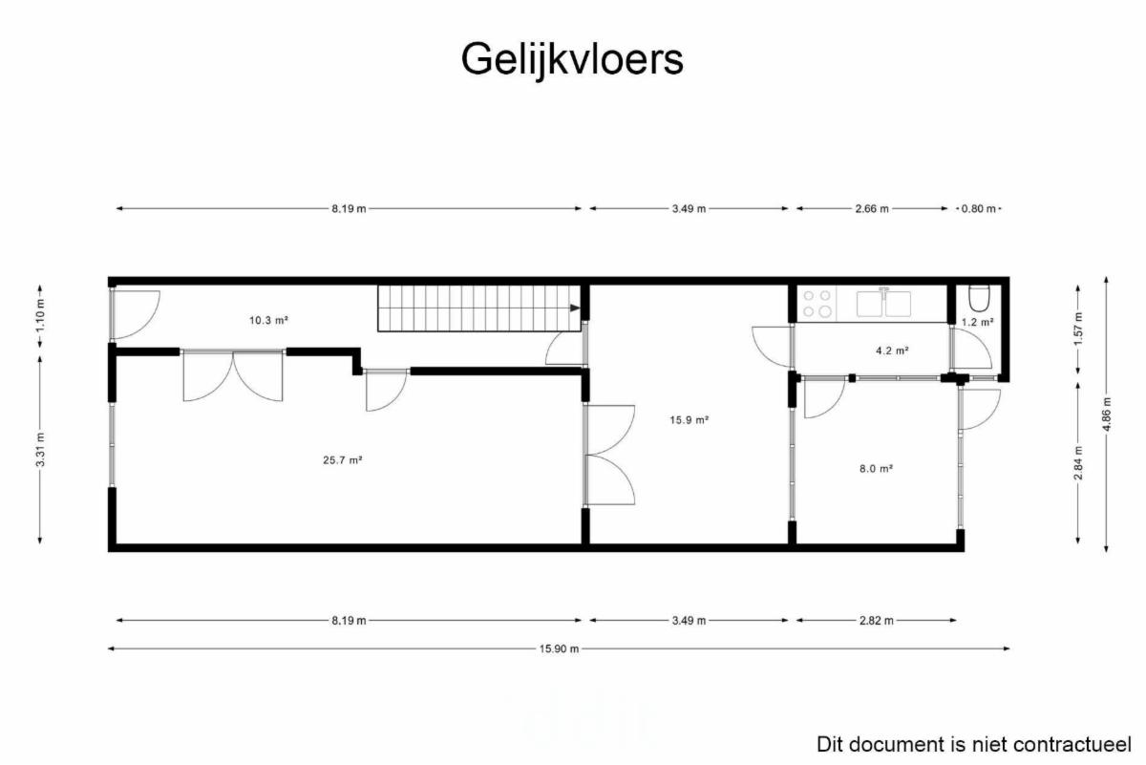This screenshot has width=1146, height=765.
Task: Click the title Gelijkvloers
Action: tap(572, 60)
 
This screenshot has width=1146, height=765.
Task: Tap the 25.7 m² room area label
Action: tap(342, 460)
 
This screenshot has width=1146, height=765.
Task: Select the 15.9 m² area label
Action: tap(690, 420)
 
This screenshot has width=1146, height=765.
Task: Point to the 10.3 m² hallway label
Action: tap(268, 320)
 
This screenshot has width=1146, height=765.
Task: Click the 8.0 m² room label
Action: tap(877, 468)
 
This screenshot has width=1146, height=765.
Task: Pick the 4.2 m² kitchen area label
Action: tap(892, 351)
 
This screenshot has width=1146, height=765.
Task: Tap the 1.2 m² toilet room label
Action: tap(978, 322)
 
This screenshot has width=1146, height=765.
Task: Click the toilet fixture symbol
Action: tap(979, 298)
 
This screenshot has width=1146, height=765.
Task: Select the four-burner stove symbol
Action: tap(817, 304)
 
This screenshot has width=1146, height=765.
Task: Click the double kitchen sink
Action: tap(884, 303)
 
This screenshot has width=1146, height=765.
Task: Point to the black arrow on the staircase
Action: tap(575, 308)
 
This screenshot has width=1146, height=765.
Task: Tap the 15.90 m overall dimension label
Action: tap(560, 648)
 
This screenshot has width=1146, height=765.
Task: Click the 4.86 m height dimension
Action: tap(1107, 414)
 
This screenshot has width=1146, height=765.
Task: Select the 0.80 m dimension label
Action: tap(979, 209)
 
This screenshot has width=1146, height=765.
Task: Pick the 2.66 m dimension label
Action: tap(872, 209)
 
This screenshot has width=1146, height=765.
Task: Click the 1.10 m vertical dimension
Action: tap(41, 315)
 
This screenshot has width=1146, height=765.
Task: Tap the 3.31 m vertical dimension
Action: tap(41, 449)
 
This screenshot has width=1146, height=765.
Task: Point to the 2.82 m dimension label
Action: tap(877, 621)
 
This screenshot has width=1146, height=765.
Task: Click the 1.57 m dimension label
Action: tap(1078, 329)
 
